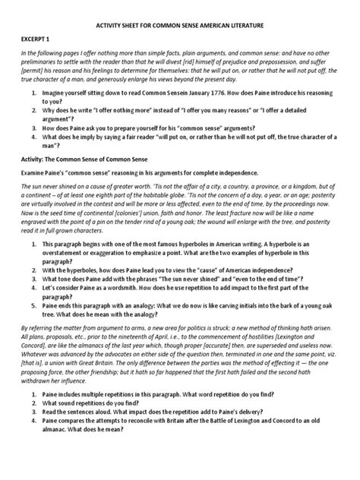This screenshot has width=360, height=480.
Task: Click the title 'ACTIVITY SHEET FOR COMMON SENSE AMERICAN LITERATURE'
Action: coord(179,25)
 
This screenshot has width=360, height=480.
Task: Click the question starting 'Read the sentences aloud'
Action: coord(167,472)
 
